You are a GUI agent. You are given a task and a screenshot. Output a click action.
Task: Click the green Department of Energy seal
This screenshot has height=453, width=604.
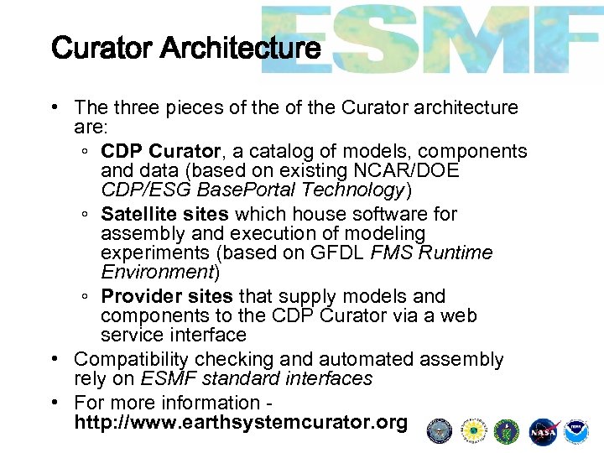coord(508,431)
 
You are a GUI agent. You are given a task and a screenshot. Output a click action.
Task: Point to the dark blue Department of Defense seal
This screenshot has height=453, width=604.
coord(439,431)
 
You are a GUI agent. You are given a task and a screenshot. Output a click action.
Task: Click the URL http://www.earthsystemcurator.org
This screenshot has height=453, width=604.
coord(241,422)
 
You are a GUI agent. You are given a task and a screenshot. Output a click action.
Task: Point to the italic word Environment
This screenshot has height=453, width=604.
coord(158,272)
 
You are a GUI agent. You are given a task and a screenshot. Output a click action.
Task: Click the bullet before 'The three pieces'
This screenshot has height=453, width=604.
coord(53,107)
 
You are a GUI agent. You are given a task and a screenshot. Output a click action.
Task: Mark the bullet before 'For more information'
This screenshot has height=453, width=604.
coord(53,403)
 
